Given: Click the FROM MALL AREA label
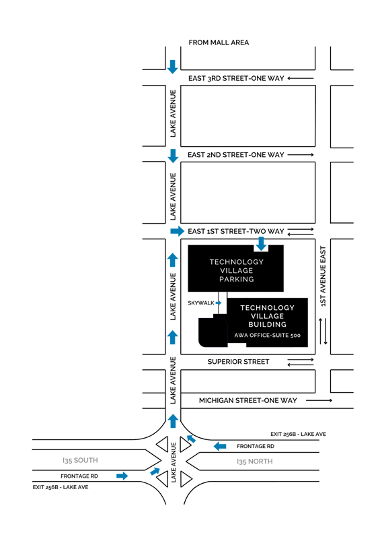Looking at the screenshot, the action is (219, 42).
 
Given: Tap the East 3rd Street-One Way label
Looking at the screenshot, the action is (236, 78).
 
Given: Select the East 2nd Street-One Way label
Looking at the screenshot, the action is (236, 155).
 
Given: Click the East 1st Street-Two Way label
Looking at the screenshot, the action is (236, 231).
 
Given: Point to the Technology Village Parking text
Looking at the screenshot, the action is (237, 271).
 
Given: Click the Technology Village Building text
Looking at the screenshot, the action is (268, 316).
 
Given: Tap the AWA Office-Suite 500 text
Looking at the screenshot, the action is (268, 336).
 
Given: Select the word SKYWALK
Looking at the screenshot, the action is (201, 303).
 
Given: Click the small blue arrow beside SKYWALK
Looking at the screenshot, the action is (219, 303).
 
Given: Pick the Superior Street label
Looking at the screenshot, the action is (238, 362).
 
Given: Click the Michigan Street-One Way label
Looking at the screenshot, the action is (247, 400).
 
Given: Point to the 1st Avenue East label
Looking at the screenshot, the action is (323, 276).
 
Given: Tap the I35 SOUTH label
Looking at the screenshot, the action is (80, 460).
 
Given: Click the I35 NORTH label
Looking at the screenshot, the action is (255, 462).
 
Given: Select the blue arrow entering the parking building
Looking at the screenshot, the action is (261, 243).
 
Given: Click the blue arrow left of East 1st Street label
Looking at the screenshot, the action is (178, 231).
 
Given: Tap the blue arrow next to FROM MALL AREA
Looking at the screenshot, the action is (173, 67).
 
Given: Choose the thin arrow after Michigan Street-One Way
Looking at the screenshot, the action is (319, 400).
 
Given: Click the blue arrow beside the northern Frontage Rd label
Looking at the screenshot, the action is (220, 446).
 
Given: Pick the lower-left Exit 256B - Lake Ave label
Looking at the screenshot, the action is (61, 487).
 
